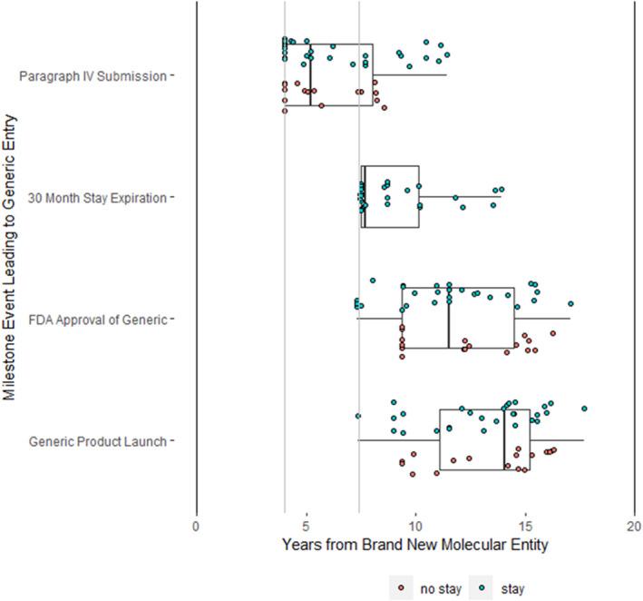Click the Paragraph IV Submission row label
pos(93,75)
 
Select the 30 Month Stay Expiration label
pos(97,197)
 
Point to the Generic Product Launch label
pos(98,441)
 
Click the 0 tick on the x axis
pos(197,525)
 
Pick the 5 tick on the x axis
pos(307,525)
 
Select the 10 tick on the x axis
pos(415,525)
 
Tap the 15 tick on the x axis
pos(525,525)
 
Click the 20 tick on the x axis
pos(634,525)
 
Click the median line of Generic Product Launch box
pos(504,440)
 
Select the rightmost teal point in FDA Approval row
pos(570,304)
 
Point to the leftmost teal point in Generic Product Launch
pos(358,416)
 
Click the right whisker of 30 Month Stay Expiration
pos(501,196)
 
